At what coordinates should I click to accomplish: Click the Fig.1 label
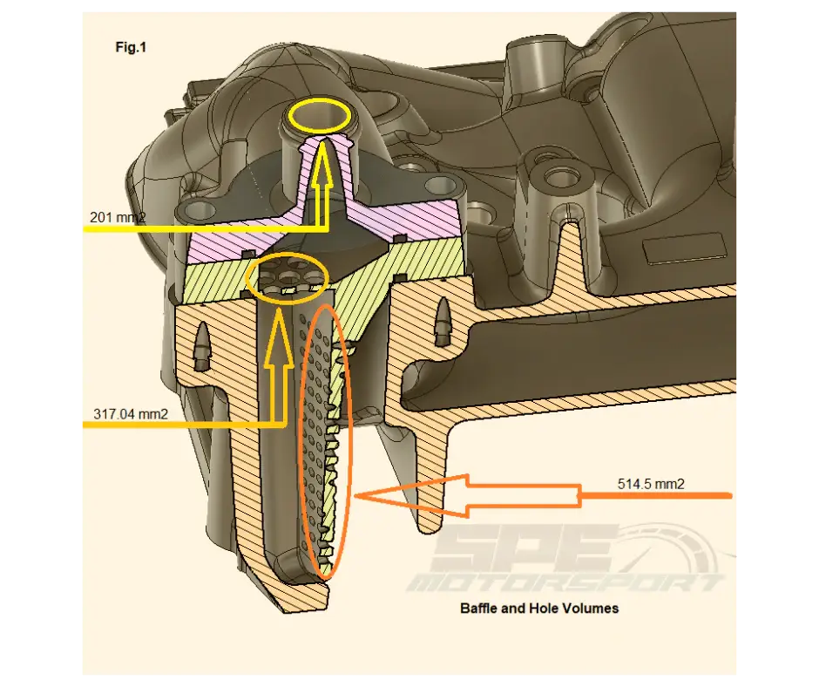click(131, 48)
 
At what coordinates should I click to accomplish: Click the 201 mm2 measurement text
click(118, 216)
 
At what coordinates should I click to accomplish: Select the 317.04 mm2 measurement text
click(131, 413)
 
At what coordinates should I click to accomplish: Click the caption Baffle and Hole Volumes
click(539, 608)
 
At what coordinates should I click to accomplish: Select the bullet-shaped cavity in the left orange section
click(203, 345)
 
